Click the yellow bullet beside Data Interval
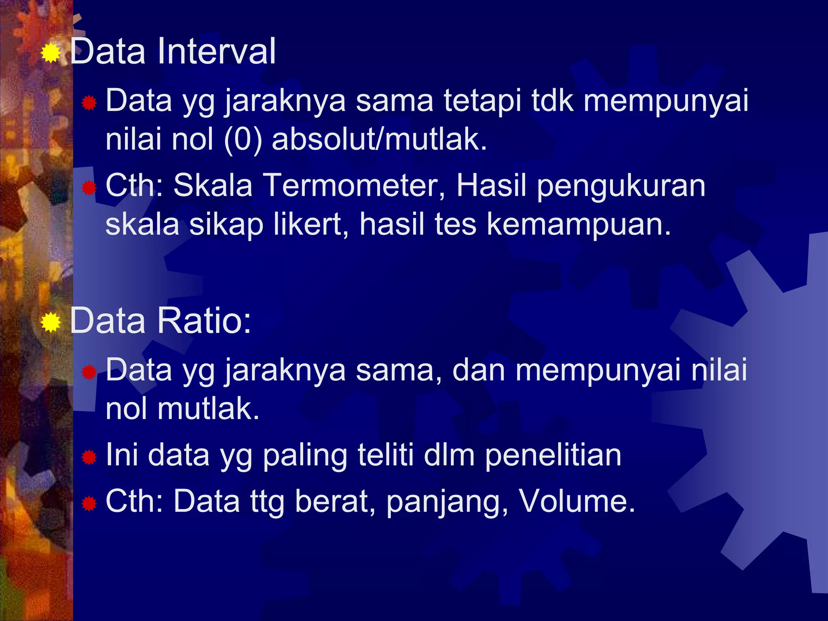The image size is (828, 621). point(51,53)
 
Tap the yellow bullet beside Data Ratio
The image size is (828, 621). point(51,322)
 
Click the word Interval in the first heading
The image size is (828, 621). point(216,51)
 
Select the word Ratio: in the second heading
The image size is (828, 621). point(204,321)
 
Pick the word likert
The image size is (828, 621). point(310,224)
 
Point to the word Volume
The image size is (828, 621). point(577,501)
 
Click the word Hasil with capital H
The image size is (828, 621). point(491,186)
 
